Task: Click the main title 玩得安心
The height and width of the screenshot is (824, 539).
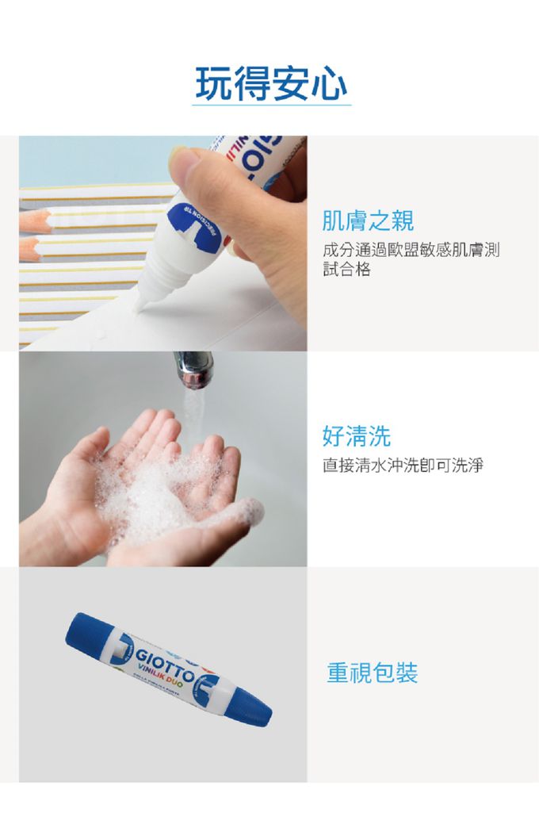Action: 271,83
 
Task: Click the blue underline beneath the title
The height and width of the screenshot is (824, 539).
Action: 271,105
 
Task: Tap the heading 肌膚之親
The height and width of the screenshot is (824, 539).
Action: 368,221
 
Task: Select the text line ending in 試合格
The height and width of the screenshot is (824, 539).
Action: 346,270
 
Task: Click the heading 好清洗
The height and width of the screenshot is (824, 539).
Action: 356,435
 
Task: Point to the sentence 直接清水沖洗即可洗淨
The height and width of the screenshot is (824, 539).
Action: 403,466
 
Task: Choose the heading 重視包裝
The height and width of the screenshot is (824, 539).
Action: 372,673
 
